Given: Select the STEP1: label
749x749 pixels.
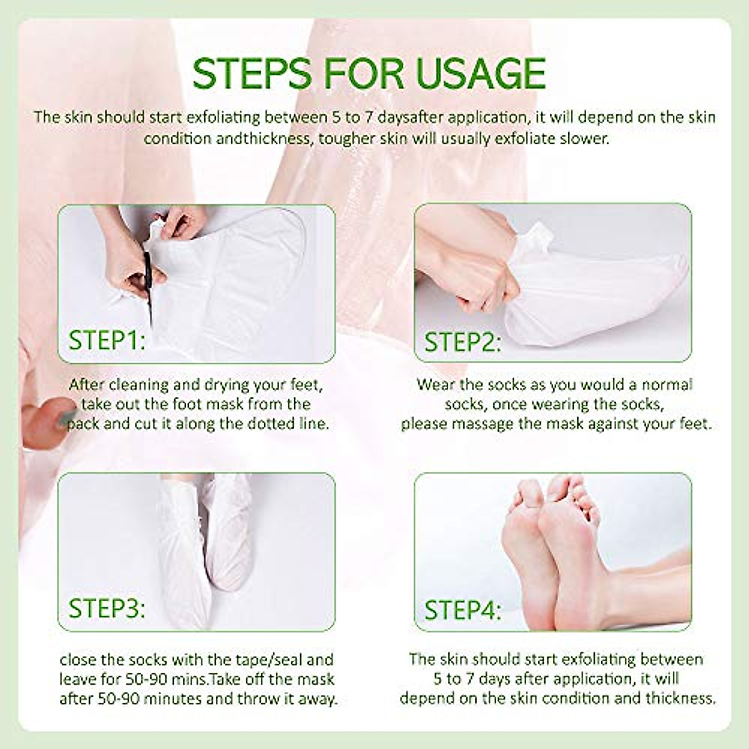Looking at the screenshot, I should coord(107,341).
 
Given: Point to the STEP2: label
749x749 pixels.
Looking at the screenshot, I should coord(463,343).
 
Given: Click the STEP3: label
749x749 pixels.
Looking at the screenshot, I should coord(107,609).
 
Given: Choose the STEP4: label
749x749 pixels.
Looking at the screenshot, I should coord(463,610).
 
